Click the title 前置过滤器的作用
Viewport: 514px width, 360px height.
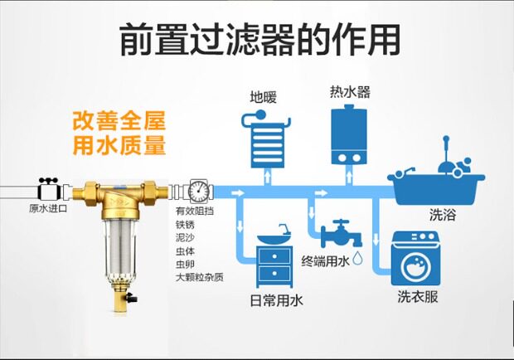[257, 39]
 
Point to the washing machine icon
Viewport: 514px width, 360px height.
[414, 261]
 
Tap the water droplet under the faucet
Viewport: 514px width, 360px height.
[358, 259]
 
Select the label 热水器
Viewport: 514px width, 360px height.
[347, 90]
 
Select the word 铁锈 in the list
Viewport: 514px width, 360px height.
[184, 224]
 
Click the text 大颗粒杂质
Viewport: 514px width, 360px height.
[199, 277]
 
